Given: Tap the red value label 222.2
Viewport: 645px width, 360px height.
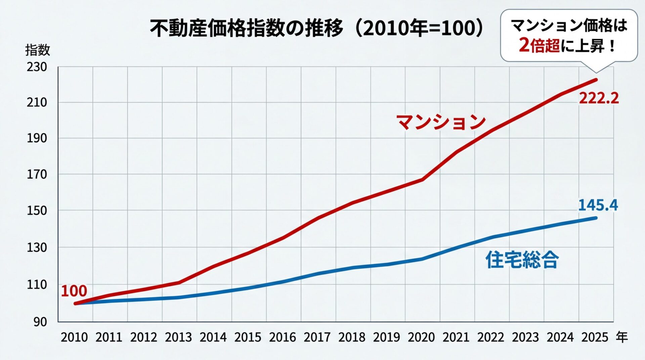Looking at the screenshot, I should pyautogui.click(x=598, y=98).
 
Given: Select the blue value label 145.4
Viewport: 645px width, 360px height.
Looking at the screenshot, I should pyautogui.click(x=598, y=205).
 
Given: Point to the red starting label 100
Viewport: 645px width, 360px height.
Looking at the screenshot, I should pyautogui.click(x=74, y=291).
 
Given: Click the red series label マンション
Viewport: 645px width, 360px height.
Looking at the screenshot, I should pyautogui.click(x=441, y=122).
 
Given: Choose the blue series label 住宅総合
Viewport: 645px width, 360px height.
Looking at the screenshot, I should pyautogui.click(x=522, y=260).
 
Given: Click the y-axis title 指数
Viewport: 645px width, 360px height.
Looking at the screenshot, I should pyautogui.click(x=37, y=50).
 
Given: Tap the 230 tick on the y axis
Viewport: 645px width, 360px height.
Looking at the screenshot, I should pyautogui.click(x=37, y=67).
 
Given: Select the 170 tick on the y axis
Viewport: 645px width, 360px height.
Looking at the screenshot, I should pyautogui.click(x=37, y=174).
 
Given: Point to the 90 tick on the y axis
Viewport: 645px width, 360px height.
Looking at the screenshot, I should pyautogui.click(x=40, y=322).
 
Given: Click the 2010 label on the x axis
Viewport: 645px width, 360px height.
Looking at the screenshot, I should pyautogui.click(x=74, y=337).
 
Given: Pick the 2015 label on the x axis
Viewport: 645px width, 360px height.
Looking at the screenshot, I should pyautogui.click(x=248, y=337).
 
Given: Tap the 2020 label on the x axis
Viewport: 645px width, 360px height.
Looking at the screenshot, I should pyautogui.click(x=421, y=337).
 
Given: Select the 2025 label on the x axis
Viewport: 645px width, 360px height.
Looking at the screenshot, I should pyautogui.click(x=595, y=337).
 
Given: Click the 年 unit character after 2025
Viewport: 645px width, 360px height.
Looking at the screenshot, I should pyautogui.click(x=621, y=337).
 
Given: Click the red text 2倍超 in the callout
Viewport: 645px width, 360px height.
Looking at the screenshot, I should pyautogui.click(x=539, y=45).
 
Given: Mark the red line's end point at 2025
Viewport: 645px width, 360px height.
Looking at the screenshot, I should pyautogui.click(x=596, y=80).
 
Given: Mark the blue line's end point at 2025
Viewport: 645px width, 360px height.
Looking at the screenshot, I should pyautogui.click(x=596, y=218).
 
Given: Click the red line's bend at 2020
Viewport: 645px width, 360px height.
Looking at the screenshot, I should pyautogui.click(x=422, y=180).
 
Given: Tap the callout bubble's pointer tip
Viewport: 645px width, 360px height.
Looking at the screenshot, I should pyautogui.click(x=596, y=72).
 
